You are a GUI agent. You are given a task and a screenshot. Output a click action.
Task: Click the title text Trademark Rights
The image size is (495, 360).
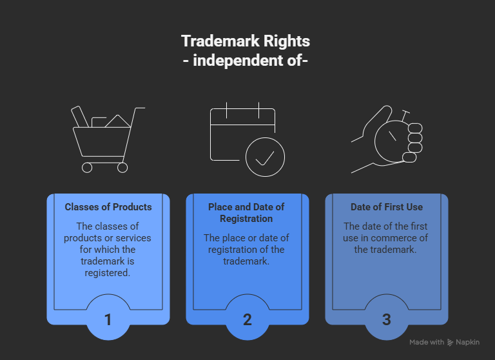[x=246, y=41]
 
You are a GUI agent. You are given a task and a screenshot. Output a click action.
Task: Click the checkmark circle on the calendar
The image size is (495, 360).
[x=265, y=155]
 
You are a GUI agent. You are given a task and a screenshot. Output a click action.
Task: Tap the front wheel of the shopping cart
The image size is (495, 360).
[x=122, y=167]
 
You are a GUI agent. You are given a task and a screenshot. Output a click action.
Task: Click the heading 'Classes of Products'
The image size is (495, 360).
[x=108, y=207]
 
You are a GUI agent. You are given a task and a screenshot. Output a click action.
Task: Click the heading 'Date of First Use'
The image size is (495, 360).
[x=387, y=207]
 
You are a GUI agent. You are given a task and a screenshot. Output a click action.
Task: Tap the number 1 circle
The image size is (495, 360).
[x=108, y=318]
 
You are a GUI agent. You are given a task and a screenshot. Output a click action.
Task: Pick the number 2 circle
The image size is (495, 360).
[x=247, y=318]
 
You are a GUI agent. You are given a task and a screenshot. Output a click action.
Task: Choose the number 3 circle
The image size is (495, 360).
[x=386, y=318]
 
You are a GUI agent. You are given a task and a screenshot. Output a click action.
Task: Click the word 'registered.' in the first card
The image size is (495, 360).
[x=108, y=272]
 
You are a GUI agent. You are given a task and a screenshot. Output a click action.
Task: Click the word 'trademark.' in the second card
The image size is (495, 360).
[x=247, y=261]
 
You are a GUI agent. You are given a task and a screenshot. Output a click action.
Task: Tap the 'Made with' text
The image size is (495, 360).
[x=427, y=342]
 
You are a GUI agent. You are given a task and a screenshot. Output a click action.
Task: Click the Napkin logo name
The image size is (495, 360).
[x=468, y=342]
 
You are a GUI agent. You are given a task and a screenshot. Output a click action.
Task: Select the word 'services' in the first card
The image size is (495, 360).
[x=134, y=237]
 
